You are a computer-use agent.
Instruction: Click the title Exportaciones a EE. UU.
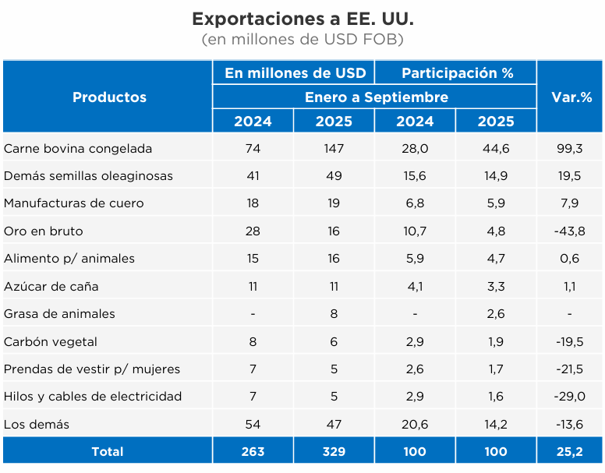[302, 18]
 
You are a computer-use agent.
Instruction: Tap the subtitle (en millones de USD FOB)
[302, 39]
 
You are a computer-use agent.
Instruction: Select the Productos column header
[109, 97]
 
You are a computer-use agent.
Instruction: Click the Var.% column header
[570, 97]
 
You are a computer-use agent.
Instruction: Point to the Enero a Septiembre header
[376, 97]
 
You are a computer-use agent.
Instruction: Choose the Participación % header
[457, 72]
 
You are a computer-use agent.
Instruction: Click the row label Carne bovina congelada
[78, 148]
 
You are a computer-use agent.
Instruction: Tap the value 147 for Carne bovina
[334, 148]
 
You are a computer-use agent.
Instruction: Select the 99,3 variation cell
[570, 148]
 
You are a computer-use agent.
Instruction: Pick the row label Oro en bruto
[44, 231]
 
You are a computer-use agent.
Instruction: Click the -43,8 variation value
[570, 231]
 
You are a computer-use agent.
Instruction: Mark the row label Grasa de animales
[59, 313]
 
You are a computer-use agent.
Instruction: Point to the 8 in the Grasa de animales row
[334, 313]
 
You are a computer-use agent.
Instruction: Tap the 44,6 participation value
[496, 148]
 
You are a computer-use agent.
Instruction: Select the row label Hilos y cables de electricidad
[93, 396]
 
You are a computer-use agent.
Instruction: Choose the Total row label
[108, 451]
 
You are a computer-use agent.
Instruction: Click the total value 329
[334, 451]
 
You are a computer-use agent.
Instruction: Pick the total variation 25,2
[570, 451]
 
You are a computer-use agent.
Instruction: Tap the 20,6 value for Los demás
[415, 424]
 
